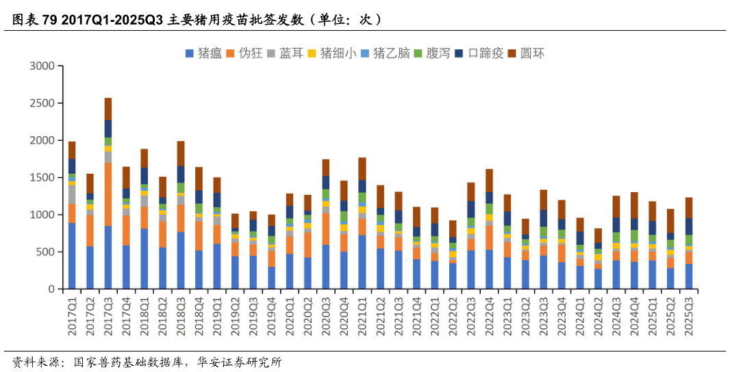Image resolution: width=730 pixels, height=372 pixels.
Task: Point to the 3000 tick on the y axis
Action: point(42,66)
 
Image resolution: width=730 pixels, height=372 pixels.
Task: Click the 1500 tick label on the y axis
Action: point(42,178)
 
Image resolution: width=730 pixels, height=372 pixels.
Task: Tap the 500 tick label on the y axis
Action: point(45,252)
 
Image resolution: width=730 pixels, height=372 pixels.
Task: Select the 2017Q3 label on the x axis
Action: point(108,315)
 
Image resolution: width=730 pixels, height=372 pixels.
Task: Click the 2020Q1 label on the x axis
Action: point(290,315)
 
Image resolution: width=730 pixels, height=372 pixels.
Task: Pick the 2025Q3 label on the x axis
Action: point(689,315)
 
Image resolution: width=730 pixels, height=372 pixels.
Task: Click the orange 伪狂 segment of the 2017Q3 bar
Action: point(108,194)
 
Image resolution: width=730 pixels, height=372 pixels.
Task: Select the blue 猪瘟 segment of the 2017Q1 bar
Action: point(72,256)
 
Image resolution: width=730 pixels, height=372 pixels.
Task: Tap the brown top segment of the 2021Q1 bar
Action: point(362,169)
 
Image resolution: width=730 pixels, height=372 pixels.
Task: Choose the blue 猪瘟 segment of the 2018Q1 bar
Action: point(144,258)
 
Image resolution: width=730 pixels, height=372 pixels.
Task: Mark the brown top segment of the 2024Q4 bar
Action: point(634,205)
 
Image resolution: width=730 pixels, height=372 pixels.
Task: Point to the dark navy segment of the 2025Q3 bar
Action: point(689,226)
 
